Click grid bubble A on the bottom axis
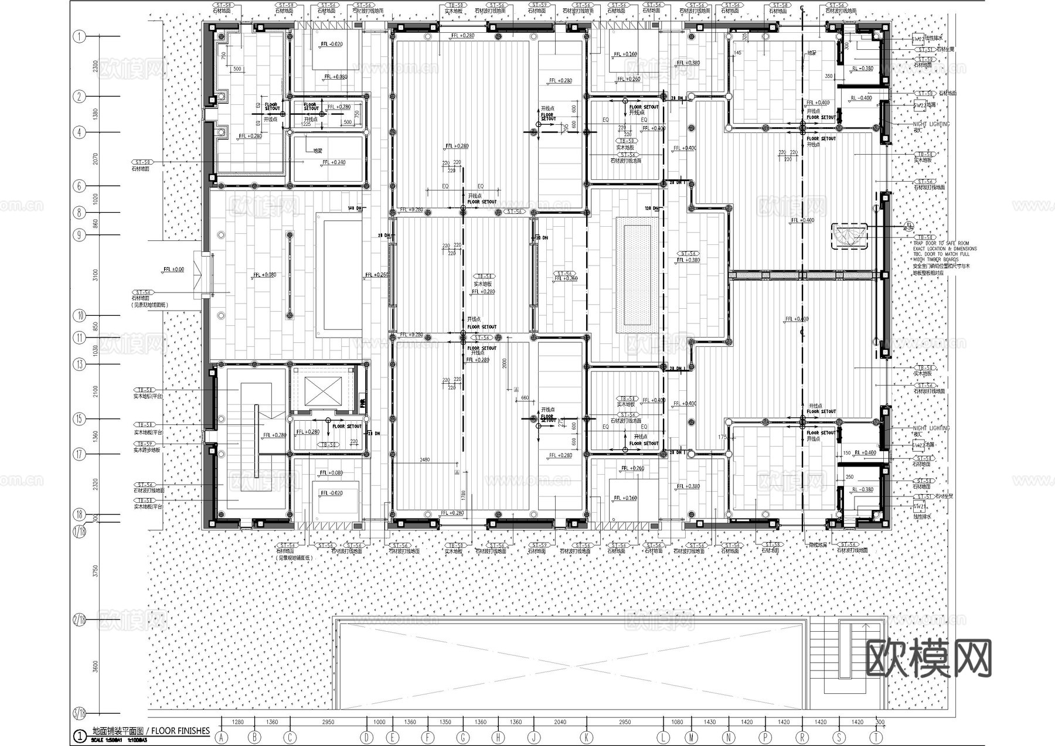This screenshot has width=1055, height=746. pyautogui.click(x=221, y=738)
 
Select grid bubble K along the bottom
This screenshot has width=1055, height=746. pyautogui.click(x=587, y=738)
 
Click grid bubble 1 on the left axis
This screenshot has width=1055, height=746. pyautogui.click(x=80, y=36)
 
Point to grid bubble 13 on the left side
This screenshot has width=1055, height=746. pyautogui.click(x=80, y=364)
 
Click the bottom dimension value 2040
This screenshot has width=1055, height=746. pyautogui.click(x=560, y=723)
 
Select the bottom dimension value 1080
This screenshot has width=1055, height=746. pyautogui.click(x=677, y=723)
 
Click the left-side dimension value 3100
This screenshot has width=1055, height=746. pyautogui.click(x=96, y=275)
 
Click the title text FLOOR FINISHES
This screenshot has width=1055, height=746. pyautogui.click(x=180, y=731)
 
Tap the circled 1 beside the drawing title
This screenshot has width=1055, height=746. pyautogui.click(x=79, y=735)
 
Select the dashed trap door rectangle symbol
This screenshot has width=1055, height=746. pyautogui.click(x=848, y=236)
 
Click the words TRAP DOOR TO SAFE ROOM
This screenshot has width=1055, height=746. pyautogui.click(x=941, y=243)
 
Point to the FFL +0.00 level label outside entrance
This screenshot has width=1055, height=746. pyautogui.click(x=173, y=270)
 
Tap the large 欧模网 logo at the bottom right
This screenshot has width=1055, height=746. pyautogui.click(x=928, y=658)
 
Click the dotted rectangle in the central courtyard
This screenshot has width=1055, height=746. pyautogui.click(x=637, y=275)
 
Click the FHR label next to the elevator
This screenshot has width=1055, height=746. pyautogui.click(x=363, y=403)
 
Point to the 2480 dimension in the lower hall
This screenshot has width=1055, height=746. pyautogui.click(x=425, y=459)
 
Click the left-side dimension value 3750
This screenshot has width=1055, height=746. pyautogui.click(x=96, y=571)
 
